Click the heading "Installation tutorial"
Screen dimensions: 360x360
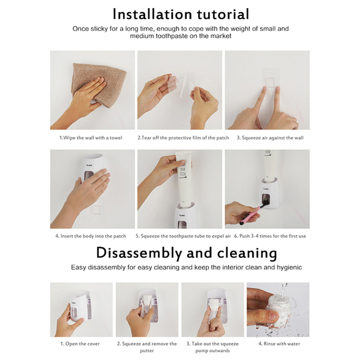click(181, 14)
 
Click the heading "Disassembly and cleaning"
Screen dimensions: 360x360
click(186, 253)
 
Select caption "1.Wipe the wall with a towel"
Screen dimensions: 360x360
click(91, 138)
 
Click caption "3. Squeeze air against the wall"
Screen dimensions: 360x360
click(270, 138)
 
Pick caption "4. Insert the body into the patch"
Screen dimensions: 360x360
click(90, 236)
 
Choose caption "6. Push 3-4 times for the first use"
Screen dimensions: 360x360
click(270, 236)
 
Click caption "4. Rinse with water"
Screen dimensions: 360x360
click(279, 344)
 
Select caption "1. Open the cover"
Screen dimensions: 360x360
click(80, 344)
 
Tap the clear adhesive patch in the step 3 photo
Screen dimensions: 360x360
click(271, 81)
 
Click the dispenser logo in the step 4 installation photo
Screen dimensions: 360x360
click(89, 165)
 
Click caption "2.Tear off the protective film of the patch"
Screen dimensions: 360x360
click(183, 138)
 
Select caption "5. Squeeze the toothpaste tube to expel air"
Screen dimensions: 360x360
click(183, 236)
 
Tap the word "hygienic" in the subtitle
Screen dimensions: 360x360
click(289, 267)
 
